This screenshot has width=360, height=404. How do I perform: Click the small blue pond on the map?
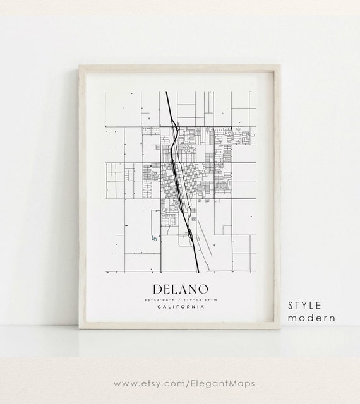(x=153, y=238)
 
